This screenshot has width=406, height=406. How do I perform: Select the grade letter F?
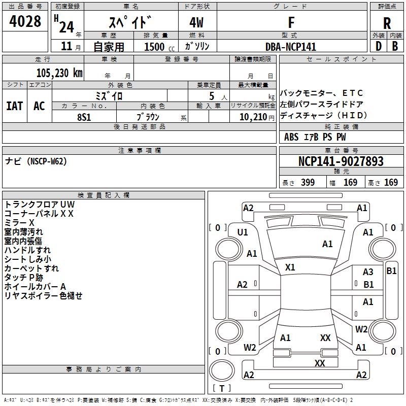point(291,22)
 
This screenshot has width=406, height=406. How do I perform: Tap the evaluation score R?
point(387,23)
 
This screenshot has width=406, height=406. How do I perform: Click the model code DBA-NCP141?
point(291,47)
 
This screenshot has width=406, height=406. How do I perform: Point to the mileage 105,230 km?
point(59,73)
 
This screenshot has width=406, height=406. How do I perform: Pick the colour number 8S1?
point(84,116)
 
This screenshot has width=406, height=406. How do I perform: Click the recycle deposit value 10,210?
point(252,117)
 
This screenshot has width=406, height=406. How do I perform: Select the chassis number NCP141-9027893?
point(341,161)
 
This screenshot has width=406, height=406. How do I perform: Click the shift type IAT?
point(15,106)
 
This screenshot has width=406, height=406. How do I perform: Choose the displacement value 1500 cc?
point(155,47)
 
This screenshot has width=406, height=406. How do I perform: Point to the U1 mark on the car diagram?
point(243,232)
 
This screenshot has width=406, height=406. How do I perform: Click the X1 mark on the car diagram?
point(290,267)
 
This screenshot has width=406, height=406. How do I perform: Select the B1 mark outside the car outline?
point(391,271)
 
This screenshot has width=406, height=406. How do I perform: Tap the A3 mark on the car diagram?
point(368,272)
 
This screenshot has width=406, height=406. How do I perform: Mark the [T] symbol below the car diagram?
point(222,389)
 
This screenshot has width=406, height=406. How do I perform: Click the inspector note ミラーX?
point(19,223)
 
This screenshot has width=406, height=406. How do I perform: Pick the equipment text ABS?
point(291,137)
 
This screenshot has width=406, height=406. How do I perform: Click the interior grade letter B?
point(395,46)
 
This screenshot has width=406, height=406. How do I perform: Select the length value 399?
point(307,182)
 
